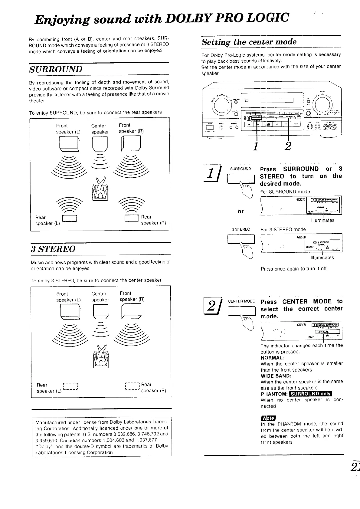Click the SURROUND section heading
point(56,69)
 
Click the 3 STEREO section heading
point(53,249)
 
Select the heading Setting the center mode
point(249,42)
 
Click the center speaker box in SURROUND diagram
point(100,143)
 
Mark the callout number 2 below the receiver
point(288,146)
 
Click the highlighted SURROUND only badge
point(310,394)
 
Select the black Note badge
point(268,418)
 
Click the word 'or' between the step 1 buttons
point(241,211)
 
